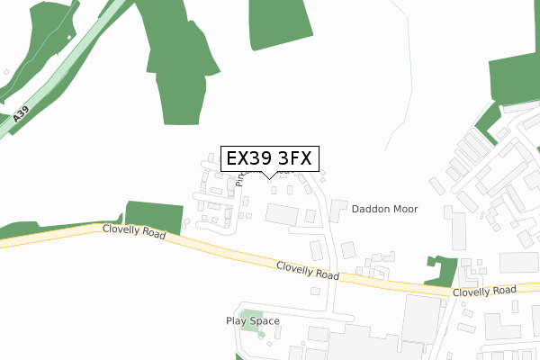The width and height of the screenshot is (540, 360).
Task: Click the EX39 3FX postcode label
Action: [x=268, y=158]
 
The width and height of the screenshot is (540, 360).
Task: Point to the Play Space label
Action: [x=252, y=320]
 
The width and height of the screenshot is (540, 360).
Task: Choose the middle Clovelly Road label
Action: [x=308, y=269]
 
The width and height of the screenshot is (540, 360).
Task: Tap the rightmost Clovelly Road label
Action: [x=484, y=291]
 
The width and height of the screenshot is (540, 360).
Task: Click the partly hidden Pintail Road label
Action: [x=239, y=175]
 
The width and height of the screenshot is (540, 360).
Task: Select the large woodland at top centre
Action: [x=180, y=54]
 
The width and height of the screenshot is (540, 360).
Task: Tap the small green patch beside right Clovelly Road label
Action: [x=442, y=272]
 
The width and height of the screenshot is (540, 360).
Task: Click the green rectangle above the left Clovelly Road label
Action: [x=148, y=214]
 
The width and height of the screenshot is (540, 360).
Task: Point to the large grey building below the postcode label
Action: [x=282, y=215]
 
